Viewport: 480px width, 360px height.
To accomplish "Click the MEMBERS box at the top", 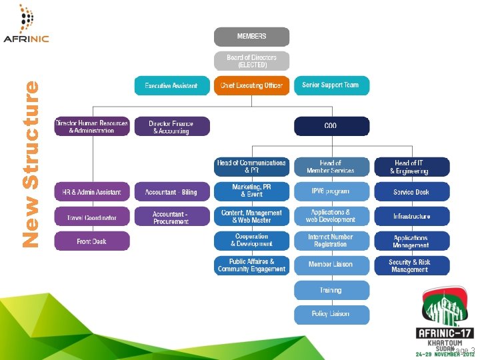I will (x=251, y=36).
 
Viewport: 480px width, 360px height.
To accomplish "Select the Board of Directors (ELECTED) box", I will (x=251, y=61).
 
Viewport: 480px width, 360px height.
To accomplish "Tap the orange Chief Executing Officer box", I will (x=251, y=85).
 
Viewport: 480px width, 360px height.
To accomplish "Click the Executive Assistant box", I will (x=171, y=85).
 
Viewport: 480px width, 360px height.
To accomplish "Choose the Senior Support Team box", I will (x=331, y=85).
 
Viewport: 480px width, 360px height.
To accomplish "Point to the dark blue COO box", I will (x=331, y=127).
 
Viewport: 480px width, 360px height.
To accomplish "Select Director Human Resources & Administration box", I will (x=92, y=127).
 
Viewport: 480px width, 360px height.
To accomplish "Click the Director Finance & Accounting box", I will (x=171, y=127).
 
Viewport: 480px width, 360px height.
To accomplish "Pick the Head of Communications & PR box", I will (x=251, y=167).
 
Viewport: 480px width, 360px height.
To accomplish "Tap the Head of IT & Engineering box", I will (x=411, y=167).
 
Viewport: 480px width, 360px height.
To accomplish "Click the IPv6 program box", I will (x=331, y=191).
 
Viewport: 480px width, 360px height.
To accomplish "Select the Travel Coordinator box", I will (x=92, y=217).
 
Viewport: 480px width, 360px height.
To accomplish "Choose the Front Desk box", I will (x=92, y=241).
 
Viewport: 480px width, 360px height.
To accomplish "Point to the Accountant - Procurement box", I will (x=171, y=217).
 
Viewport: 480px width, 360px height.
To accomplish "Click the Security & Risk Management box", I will (x=411, y=265).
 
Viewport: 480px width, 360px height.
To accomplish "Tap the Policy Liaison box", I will (x=331, y=314).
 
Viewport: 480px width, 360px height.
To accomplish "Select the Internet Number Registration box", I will (x=331, y=241).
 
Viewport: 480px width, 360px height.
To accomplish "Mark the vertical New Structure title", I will (x=31, y=164).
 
